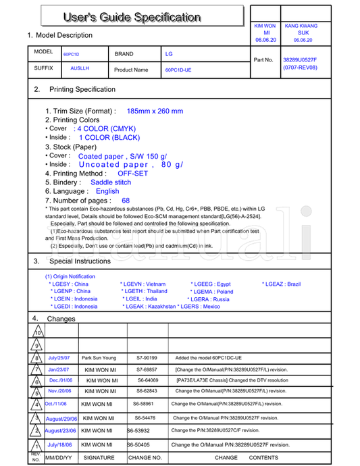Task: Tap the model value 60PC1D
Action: (71, 54)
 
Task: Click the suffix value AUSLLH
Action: (80, 69)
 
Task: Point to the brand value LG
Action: (169, 53)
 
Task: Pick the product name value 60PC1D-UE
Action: (178, 70)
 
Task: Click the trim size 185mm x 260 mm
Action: (155, 111)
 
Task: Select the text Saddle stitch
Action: (111, 182)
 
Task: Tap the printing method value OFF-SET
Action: (132, 174)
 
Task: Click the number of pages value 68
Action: (126, 201)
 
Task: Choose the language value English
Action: (107, 191)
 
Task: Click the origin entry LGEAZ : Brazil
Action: (281, 284)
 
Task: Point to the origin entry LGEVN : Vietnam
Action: (143, 284)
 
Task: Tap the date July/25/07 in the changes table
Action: (59, 358)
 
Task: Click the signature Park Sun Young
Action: (99, 358)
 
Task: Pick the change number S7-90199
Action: (147, 358)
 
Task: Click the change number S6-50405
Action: (138, 445)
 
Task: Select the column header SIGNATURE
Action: (99, 458)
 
